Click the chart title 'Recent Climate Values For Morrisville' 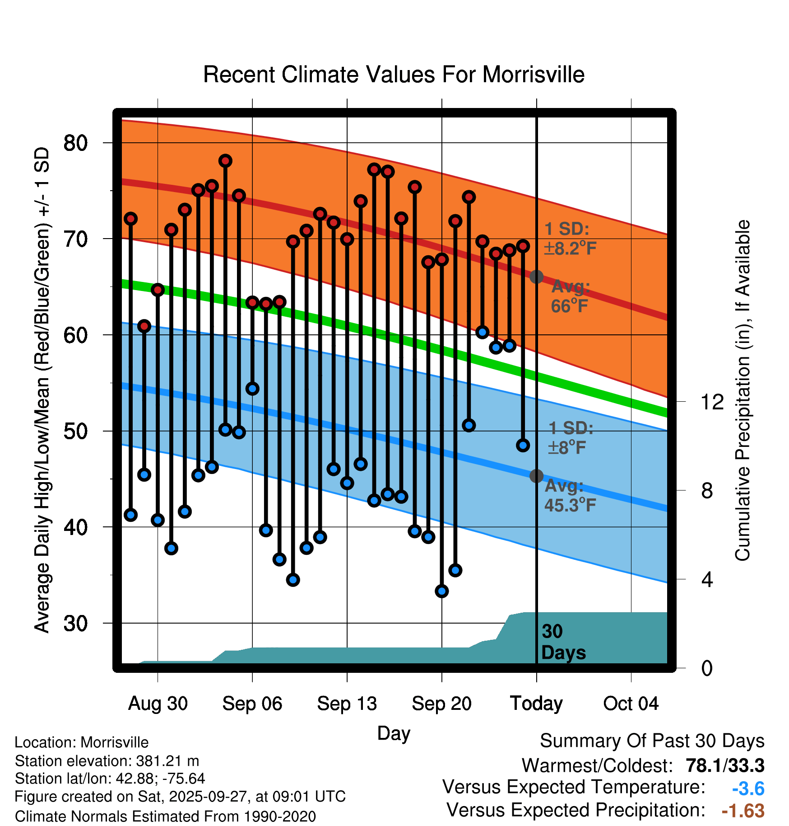click(394, 75)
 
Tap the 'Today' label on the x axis click(536, 704)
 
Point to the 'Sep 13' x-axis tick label click(347, 704)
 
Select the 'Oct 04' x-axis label click(631, 704)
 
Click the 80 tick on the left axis click(75, 143)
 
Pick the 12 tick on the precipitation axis click(712, 402)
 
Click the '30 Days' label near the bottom click(563, 642)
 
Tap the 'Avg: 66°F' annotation click(570, 296)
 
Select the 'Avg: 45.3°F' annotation click(570, 495)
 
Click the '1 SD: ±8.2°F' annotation click(570, 239)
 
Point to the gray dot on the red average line click(536, 277)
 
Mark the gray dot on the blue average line click(536, 476)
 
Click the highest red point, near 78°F click(225, 161)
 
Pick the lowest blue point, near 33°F click(442, 591)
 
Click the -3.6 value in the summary click(748, 788)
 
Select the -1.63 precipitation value click(743, 811)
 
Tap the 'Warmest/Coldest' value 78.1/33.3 click(725, 765)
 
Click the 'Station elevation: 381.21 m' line click(107, 761)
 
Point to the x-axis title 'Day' click(394, 733)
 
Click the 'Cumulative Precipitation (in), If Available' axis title click(743, 390)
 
